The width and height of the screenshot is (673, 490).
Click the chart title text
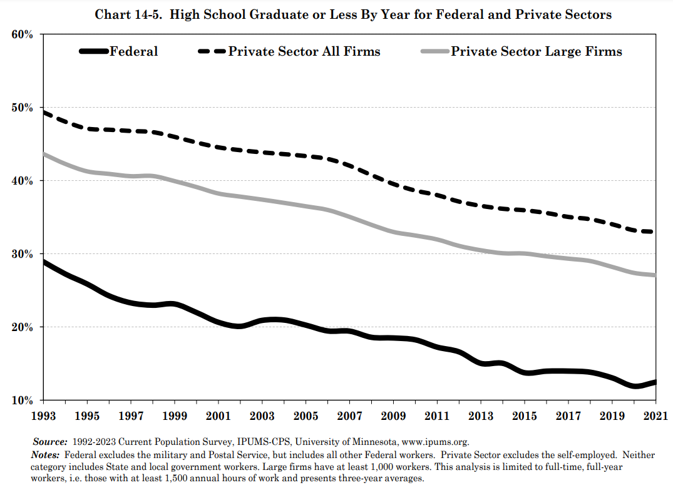pos(353,14)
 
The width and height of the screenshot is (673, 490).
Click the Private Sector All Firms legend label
pos(304,51)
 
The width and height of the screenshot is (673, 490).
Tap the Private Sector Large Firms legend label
pos(536,51)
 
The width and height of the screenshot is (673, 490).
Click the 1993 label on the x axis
pos(43,416)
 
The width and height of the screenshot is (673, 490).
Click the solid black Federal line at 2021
pos(655,382)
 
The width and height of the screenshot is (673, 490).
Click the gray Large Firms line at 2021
pos(655,275)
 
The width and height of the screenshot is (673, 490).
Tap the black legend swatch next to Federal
pos(94,51)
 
